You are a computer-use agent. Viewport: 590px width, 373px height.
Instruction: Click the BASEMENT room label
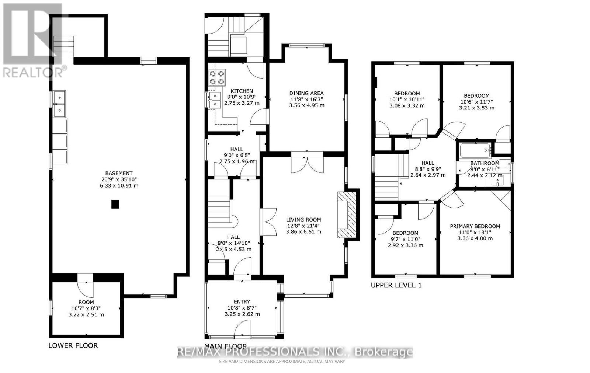pyautogui.click(x=119, y=173)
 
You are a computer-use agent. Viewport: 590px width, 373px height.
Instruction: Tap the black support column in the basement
pyautogui.click(x=115, y=204)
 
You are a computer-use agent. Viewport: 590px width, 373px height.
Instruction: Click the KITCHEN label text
pyautogui.click(x=242, y=91)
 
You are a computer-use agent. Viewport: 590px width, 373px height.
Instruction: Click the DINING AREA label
pyautogui.click(x=306, y=93)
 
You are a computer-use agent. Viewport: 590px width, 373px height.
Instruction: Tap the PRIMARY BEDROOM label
pyautogui.click(x=475, y=226)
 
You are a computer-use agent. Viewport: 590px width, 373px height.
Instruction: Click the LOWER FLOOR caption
pyautogui.click(x=73, y=345)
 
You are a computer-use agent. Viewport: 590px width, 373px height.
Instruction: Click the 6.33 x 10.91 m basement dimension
pyautogui.click(x=119, y=186)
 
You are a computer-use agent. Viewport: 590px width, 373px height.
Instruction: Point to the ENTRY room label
pyautogui.click(x=242, y=301)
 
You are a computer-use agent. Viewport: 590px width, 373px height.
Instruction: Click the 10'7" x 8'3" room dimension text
pyautogui.click(x=86, y=308)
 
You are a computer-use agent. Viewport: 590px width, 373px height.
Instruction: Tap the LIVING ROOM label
pyautogui.click(x=303, y=219)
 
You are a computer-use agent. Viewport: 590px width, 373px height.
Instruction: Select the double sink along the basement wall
pyautogui.click(x=59, y=104)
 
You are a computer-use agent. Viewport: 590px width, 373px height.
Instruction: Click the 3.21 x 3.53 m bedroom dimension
pyautogui.click(x=476, y=108)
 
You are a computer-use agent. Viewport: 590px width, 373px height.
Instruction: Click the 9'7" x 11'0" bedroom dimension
pyautogui.click(x=405, y=239)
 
